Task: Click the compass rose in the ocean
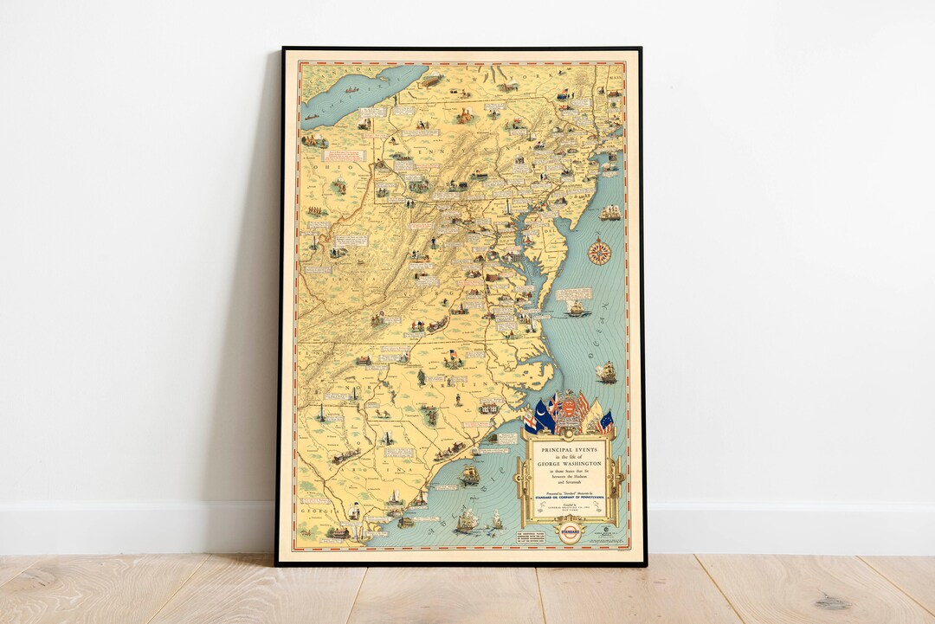[599, 252]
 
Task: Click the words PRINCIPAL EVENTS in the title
[569, 450]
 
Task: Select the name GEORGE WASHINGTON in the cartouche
[569, 464]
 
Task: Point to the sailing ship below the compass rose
[577, 307]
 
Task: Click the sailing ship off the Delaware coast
[610, 213]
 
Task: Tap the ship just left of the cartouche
[470, 474]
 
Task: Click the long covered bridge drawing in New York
[431, 80]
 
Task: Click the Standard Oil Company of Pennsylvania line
[569, 498]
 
